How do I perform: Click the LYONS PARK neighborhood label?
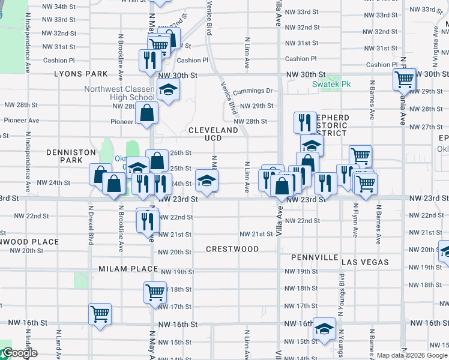click(x=81, y=74)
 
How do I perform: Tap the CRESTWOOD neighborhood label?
click(x=232, y=249)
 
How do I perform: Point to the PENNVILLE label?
click(x=315, y=257)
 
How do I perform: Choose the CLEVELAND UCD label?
click(x=213, y=134)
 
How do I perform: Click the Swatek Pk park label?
click(x=331, y=85)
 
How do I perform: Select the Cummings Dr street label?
click(x=253, y=91)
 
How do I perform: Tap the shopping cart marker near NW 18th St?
click(x=155, y=292)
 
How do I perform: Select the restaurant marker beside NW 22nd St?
click(x=147, y=220)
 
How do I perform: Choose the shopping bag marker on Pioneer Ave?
click(x=147, y=112)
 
